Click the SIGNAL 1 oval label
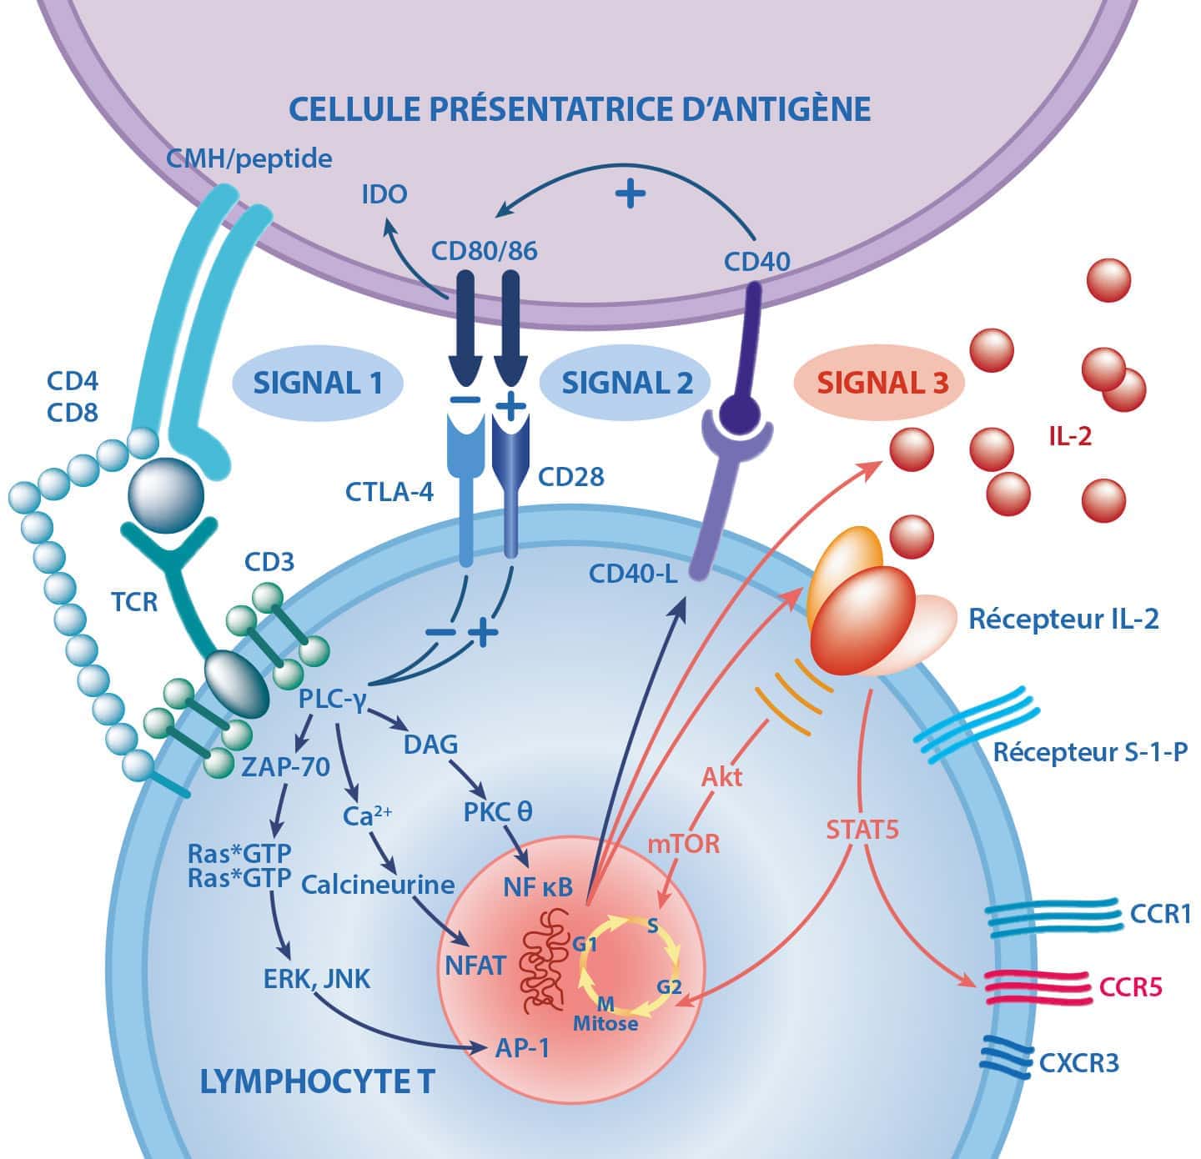pyautogui.click(x=318, y=383)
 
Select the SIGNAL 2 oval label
pyautogui.click(x=627, y=383)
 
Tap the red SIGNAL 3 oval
pyautogui.click(x=882, y=383)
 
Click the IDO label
pyautogui.click(x=384, y=194)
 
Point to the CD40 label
pyautogui.click(x=756, y=262)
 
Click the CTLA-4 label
pyautogui.click(x=389, y=492)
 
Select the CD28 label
pyautogui.click(x=570, y=477)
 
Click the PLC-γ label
pyautogui.click(x=334, y=699)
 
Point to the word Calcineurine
pyautogui.click(x=379, y=885)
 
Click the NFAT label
pyautogui.click(x=475, y=966)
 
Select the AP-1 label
pyautogui.click(x=522, y=1047)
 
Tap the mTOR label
pyautogui.click(x=684, y=843)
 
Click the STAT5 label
pyautogui.click(x=862, y=830)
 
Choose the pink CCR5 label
pyautogui.click(x=1130, y=988)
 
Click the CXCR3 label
pyautogui.click(x=1079, y=1063)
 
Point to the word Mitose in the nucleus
pyautogui.click(x=606, y=1024)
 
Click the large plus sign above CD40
pyautogui.click(x=631, y=193)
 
